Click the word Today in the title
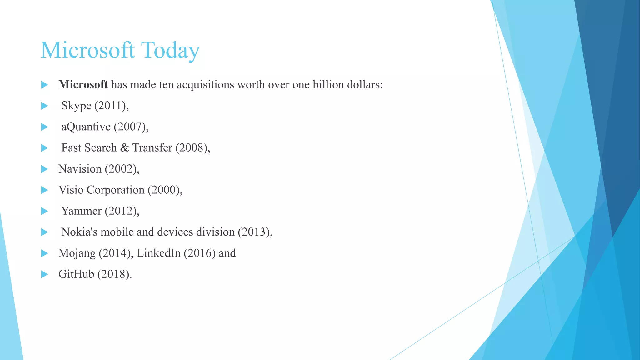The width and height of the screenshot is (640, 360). click(x=170, y=50)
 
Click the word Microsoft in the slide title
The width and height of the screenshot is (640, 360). click(x=88, y=50)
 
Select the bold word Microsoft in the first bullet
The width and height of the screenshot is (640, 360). click(x=83, y=85)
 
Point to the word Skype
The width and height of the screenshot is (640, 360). click(x=76, y=106)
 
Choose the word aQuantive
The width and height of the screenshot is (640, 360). click(x=86, y=127)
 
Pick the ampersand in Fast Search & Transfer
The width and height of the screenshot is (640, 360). click(x=124, y=148)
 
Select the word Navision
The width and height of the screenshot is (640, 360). click(x=80, y=169)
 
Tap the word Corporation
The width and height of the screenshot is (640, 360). click(x=116, y=190)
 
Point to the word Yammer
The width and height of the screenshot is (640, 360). click(x=81, y=211)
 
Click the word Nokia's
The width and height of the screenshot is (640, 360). click(x=79, y=232)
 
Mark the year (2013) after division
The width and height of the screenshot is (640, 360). click(x=254, y=232)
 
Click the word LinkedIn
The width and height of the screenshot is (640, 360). click(x=159, y=253)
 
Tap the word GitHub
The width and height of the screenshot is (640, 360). click(x=76, y=274)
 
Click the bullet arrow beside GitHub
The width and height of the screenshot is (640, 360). click(x=45, y=274)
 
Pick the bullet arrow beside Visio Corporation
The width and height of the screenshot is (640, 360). click(x=45, y=190)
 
